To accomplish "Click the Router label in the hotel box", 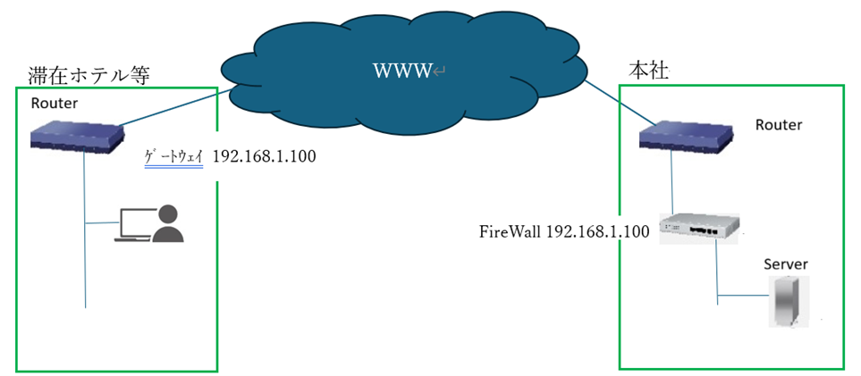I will pyautogui.click(x=55, y=103).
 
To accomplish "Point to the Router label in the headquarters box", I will pyautogui.click(x=778, y=124).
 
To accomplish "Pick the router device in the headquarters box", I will pyautogui.click(x=687, y=136).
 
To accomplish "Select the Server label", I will pyautogui.click(x=786, y=264).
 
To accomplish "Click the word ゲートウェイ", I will pyautogui.click(x=175, y=157).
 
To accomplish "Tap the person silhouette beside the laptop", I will pyautogui.click(x=167, y=224).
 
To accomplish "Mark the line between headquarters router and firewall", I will pyautogui.click(x=671, y=183).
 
